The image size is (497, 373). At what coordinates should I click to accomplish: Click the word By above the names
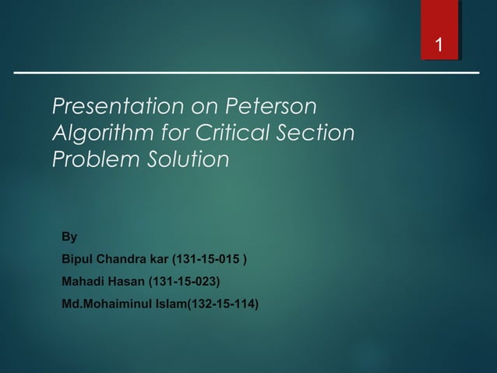pos(69,237)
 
